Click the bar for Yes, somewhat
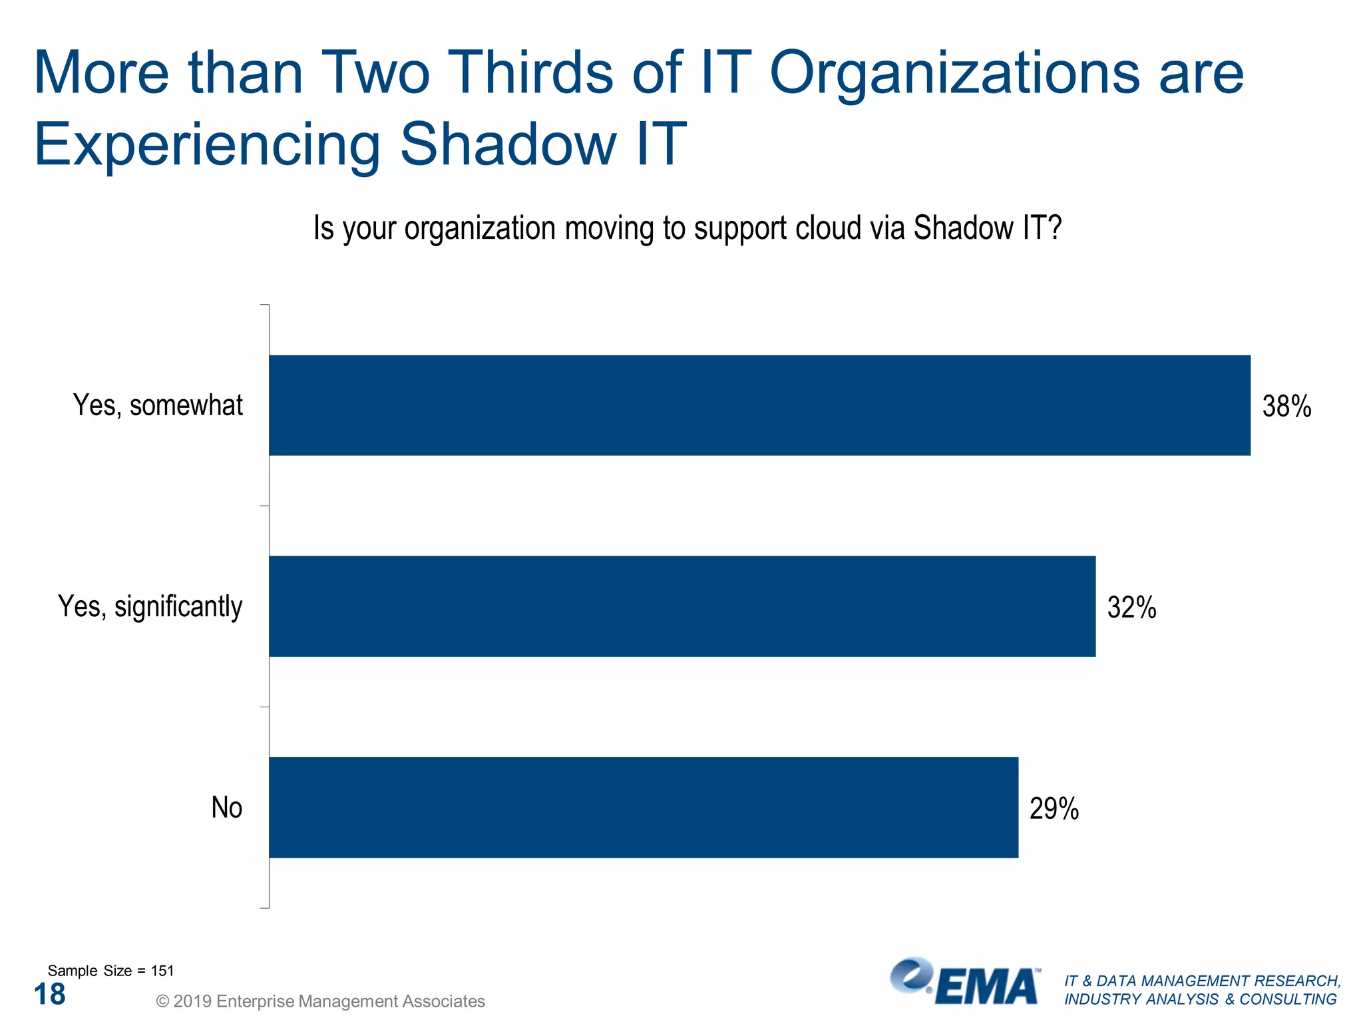(759, 405)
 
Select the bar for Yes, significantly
(681, 606)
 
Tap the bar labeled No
(643, 807)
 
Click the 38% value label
(1286, 407)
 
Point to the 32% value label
(1131, 607)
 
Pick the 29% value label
(1054, 808)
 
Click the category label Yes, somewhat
(158, 405)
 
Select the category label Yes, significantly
(150, 606)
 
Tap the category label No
(226, 807)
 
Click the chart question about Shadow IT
(687, 228)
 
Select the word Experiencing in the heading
(206, 144)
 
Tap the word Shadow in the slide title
(508, 144)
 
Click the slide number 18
(49, 994)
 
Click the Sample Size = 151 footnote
(110, 971)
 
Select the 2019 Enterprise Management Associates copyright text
(320, 1001)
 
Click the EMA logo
(965, 982)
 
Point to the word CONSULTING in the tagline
(1287, 999)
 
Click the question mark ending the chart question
(1054, 228)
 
